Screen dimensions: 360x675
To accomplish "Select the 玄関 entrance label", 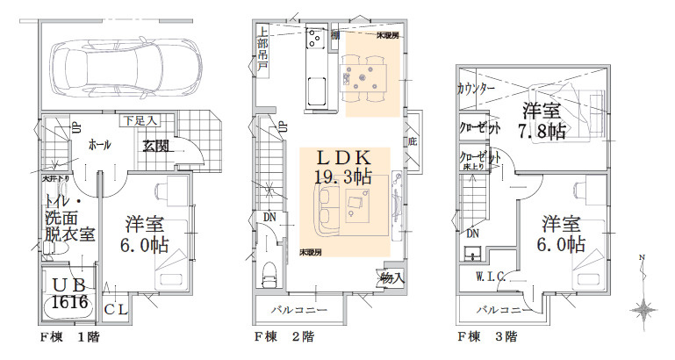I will (x=158, y=145).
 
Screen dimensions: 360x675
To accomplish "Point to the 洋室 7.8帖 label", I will (x=542, y=121).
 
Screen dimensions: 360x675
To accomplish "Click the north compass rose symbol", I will (x=646, y=308).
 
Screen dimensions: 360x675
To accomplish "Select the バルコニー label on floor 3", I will (x=505, y=310).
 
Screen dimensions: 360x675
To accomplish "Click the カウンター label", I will (x=477, y=89).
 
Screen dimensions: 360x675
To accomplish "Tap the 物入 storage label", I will (x=392, y=278).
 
